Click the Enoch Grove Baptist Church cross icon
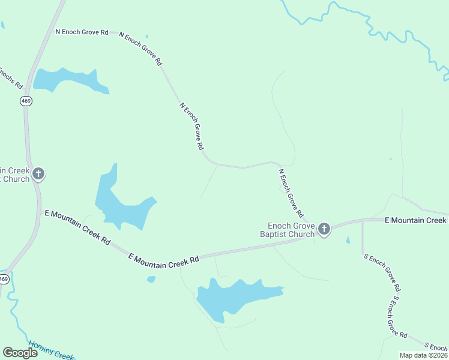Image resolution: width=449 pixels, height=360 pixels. (x=324, y=228)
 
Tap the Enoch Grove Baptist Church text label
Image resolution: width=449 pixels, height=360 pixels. (x=291, y=230)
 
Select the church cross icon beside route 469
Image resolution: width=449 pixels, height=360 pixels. (x=38, y=175)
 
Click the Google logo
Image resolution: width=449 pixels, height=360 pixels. (x=20, y=352)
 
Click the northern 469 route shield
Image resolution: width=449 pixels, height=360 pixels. (x=26, y=101)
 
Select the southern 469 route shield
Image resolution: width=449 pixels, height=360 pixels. (x=4, y=279)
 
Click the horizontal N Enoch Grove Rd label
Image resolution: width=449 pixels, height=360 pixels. (x=82, y=32)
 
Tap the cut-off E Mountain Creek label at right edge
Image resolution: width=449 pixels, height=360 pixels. (x=416, y=220)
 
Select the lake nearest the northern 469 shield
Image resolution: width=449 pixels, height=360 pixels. (x=66, y=80)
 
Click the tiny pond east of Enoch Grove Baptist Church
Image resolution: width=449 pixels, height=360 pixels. (x=348, y=241)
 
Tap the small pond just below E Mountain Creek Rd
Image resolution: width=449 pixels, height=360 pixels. (x=151, y=279)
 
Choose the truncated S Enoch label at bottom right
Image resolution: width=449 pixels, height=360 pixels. (x=435, y=346)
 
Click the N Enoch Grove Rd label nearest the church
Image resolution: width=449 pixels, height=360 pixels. (x=291, y=193)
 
